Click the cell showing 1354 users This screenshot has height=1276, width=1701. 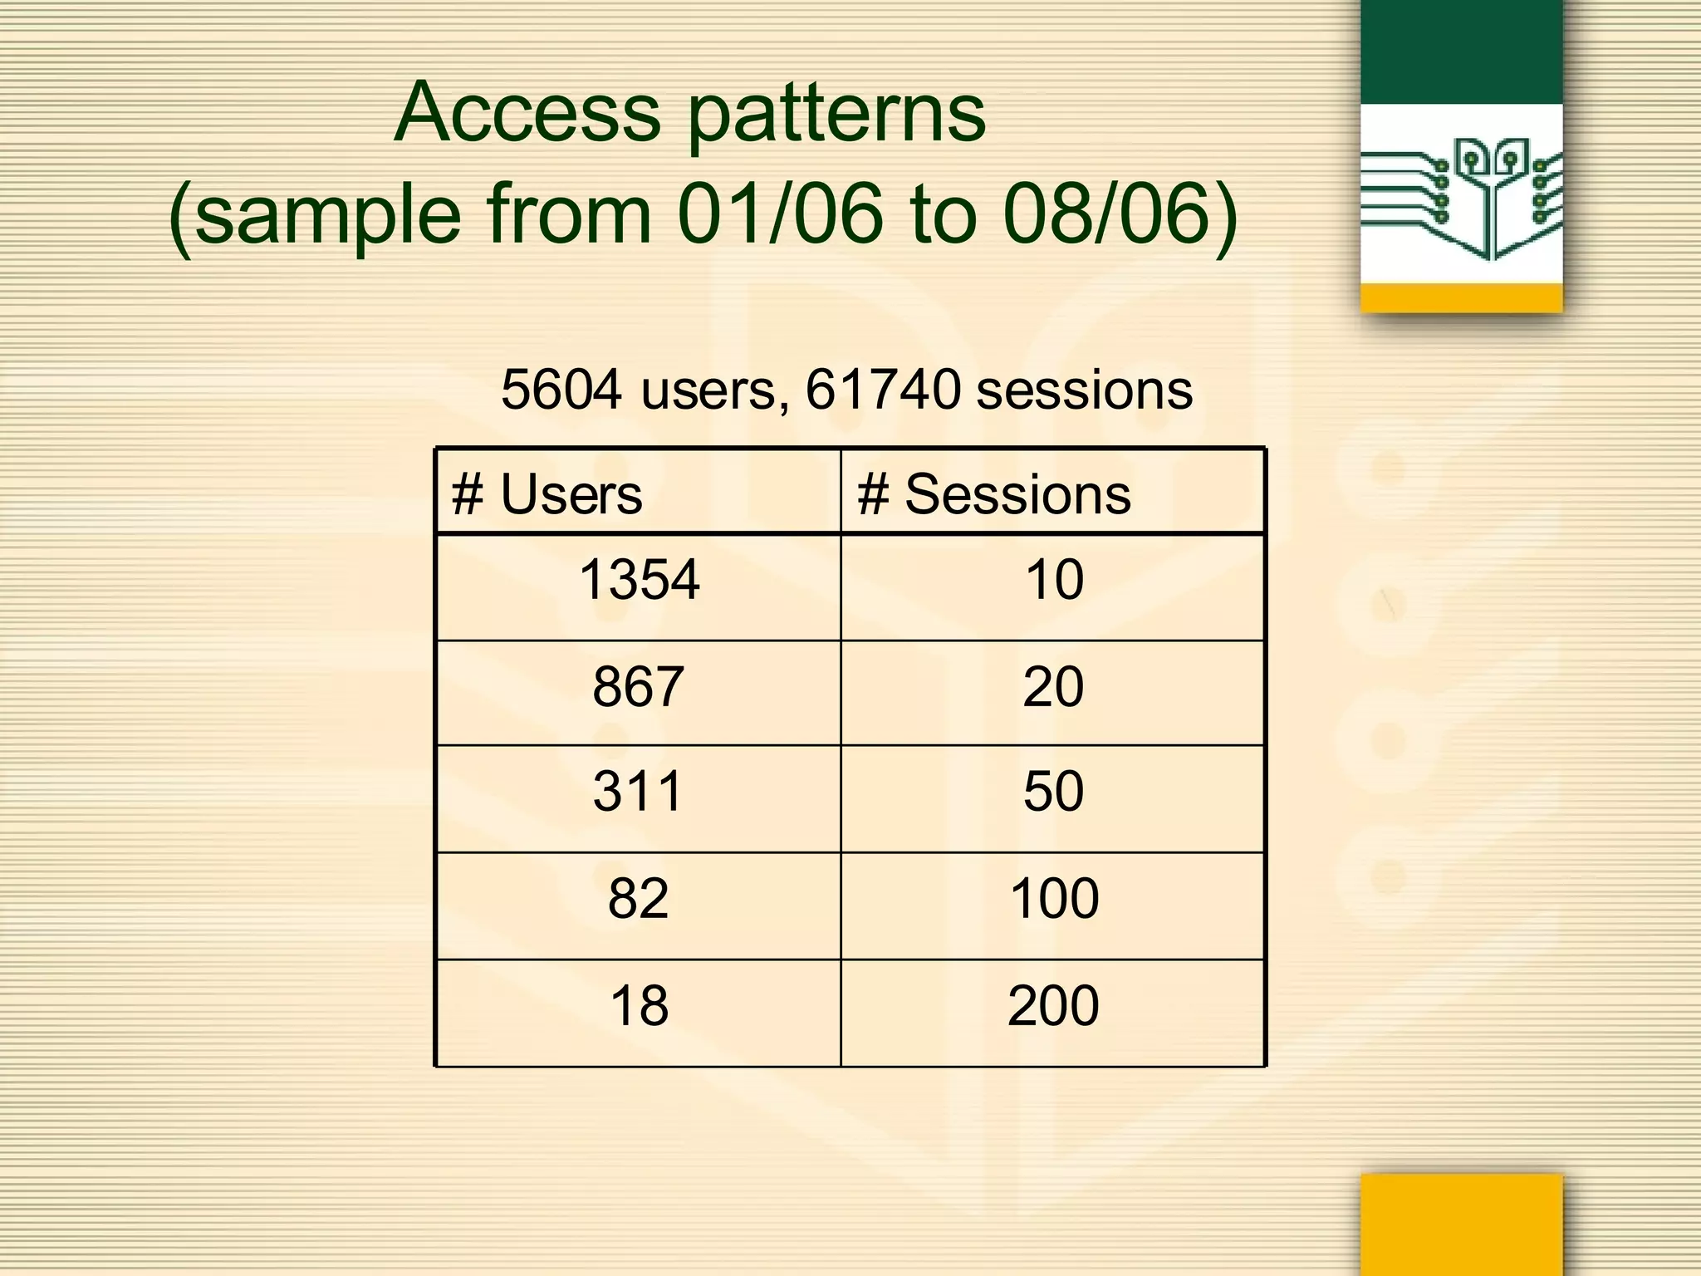[639, 580]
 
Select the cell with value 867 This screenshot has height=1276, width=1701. [638, 687]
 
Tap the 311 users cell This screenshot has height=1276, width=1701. [638, 791]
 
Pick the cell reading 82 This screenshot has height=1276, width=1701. [638, 898]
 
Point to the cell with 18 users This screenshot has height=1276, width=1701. [638, 1006]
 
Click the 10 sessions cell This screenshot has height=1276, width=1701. [1054, 580]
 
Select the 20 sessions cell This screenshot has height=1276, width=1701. [1053, 687]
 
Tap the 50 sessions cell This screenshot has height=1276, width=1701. [1053, 791]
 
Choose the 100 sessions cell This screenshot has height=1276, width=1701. [1054, 898]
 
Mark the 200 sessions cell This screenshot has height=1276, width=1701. [1053, 1006]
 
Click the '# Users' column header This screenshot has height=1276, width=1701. [547, 494]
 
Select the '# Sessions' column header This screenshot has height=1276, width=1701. [994, 494]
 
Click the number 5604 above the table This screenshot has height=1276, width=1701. [561, 389]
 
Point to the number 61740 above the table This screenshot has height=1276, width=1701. [883, 389]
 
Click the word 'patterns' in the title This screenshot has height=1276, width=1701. [837, 115]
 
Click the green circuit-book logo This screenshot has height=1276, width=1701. [1461, 199]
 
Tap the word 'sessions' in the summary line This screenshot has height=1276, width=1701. [1084, 389]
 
